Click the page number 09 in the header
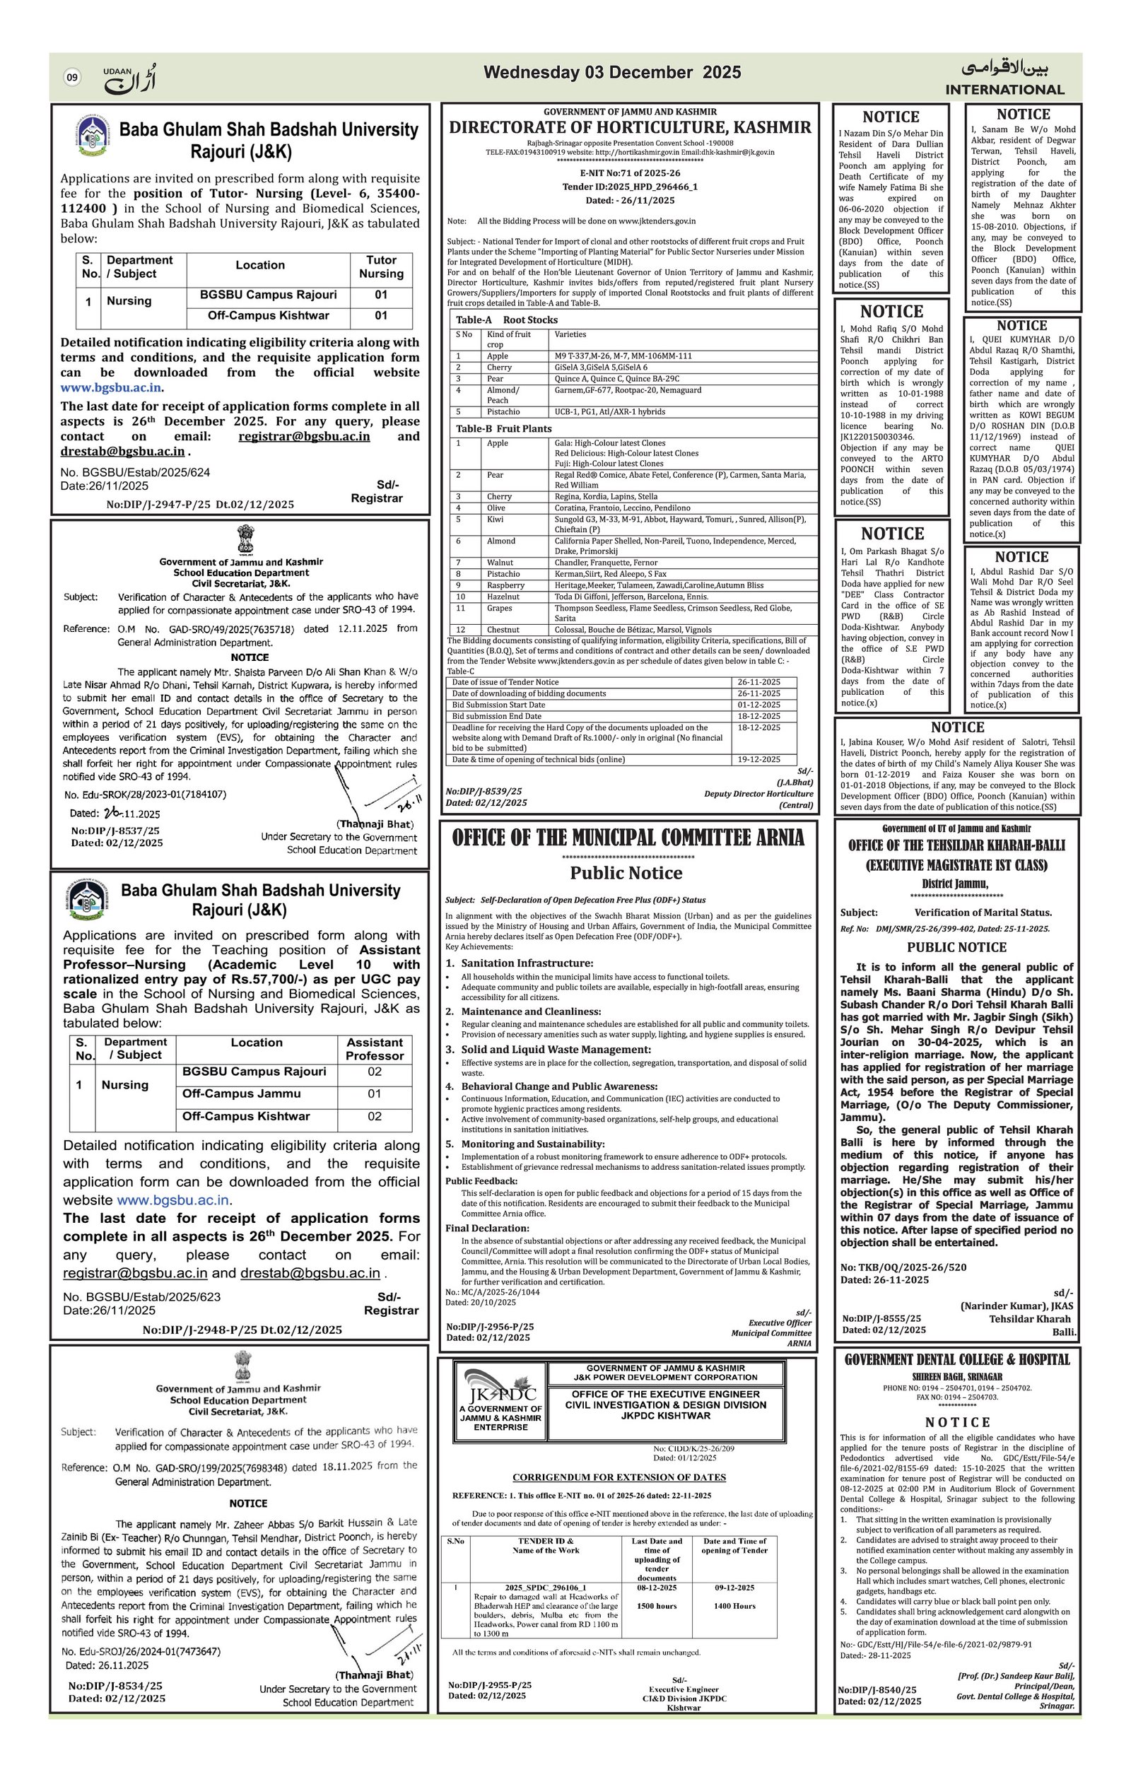point(72,78)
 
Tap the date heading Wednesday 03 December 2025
point(611,72)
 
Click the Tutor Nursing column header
point(381,266)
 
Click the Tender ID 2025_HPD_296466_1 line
point(629,187)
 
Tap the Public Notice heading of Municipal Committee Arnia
point(626,873)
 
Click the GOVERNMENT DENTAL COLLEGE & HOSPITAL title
point(956,1359)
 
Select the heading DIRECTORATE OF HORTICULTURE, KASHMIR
point(630,128)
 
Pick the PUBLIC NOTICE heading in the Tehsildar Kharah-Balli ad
point(956,946)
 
